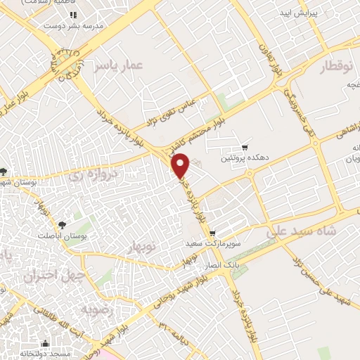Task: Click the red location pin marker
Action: (181, 165)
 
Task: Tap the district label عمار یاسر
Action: (120, 65)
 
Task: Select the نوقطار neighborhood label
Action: (321, 67)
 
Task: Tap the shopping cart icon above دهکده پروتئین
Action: (244, 148)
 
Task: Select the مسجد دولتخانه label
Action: (46, 354)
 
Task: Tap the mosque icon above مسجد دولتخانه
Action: (46, 343)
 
